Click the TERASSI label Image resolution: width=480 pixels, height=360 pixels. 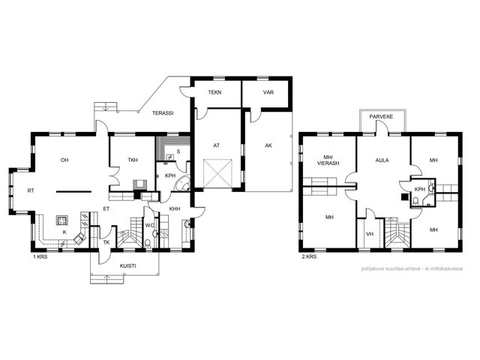[x=163, y=113]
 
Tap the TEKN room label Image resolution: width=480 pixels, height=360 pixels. [x=215, y=92]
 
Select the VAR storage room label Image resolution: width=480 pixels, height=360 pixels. [x=268, y=92]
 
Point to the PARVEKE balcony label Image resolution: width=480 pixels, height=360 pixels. [x=381, y=117]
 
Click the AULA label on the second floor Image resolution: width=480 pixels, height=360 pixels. [x=382, y=160]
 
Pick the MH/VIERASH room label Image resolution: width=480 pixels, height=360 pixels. [x=328, y=160]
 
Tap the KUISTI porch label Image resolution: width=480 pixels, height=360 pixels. [x=128, y=266]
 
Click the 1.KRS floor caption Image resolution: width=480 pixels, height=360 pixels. [x=40, y=256]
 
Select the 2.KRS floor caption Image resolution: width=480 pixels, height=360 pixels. [x=309, y=256]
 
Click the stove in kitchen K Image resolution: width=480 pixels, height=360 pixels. [x=62, y=220]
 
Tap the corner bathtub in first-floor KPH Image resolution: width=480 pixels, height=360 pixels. [x=183, y=183]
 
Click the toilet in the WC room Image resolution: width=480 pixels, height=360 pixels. [x=148, y=243]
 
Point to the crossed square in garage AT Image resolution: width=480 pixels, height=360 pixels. [x=217, y=173]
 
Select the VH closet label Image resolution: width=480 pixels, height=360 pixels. [x=370, y=234]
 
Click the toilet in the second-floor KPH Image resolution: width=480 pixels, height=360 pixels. [x=415, y=202]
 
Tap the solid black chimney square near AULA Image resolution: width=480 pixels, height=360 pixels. [x=405, y=197]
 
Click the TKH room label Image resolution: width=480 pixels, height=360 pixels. [x=133, y=160]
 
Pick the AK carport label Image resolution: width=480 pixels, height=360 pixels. [x=268, y=145]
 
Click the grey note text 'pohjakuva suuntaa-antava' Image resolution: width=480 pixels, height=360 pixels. [x=391, y=268]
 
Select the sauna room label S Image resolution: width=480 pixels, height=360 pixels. [x=178, y=151]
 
